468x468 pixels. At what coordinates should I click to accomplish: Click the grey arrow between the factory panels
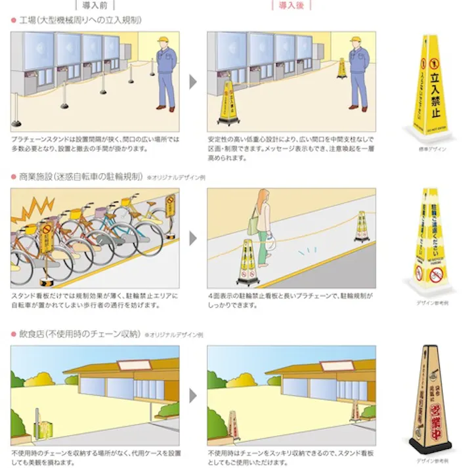193,81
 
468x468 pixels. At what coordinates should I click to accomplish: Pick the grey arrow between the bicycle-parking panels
193,238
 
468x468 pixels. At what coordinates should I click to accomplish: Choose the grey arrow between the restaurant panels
193,395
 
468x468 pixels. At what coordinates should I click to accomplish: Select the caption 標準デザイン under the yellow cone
431,149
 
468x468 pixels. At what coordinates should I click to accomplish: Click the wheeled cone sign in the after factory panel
228,104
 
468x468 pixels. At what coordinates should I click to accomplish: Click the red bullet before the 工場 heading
13,21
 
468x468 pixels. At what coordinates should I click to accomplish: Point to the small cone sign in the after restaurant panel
232,425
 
